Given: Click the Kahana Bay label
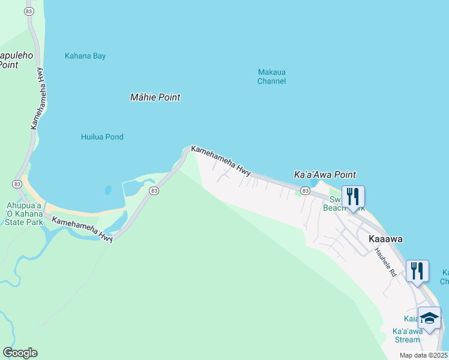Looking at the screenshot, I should (85, 56).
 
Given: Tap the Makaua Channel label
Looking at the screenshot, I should (271, 76).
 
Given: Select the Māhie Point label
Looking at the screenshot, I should (155, 97).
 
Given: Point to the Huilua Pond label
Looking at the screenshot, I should (102, 137).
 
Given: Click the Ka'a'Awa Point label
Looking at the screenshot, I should (325, 175).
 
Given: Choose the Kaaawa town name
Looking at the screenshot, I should (385, 239).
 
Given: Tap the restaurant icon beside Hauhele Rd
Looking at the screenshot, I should (417, 271).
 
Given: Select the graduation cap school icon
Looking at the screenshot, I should (429, 317).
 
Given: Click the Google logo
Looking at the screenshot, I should (20, 352).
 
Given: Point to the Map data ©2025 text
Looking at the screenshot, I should (423, 355).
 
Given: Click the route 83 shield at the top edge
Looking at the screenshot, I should (29, 11).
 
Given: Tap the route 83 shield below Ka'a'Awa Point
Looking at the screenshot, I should (305, 191).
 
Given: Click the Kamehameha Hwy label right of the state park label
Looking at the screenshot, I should (82, 229).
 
